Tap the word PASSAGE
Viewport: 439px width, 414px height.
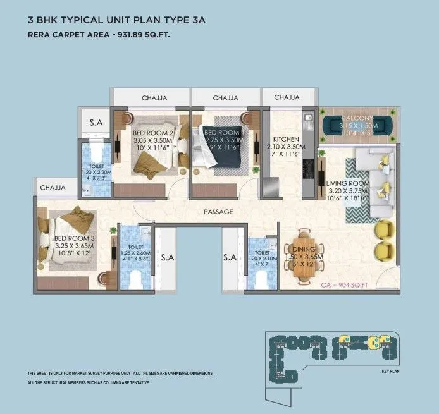pos(218,211)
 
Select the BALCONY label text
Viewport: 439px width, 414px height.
pos(359,119)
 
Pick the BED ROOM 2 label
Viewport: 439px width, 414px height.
pos(152,133)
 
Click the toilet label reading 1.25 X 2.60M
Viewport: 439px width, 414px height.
pos(135,253)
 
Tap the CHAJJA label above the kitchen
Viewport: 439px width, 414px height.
pos(287,98)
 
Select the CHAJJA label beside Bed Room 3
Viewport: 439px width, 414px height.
pos(53,188)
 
